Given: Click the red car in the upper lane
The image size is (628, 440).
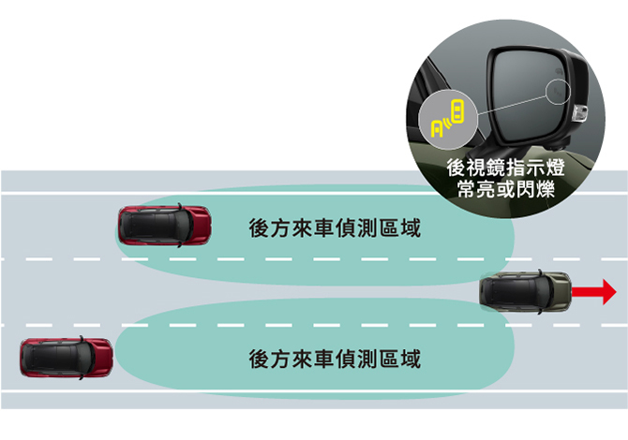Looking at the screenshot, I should pos(164,225).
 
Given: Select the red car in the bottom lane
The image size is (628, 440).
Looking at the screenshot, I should pos(66,358).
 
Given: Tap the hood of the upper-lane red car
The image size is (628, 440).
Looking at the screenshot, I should pos(200,225).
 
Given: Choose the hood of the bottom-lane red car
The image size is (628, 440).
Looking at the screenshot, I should pos(101,358).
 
